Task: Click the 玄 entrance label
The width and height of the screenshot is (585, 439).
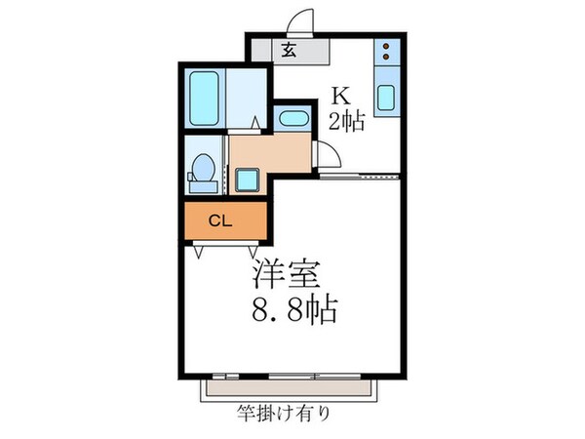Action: tap(290, 52)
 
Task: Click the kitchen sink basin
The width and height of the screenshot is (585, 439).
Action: tap(386, 99)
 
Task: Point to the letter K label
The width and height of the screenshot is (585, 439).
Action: tap(340, 96)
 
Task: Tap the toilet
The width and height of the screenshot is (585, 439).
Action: tap(203, 172)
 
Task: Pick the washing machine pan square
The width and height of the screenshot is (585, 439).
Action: tap(245, 180)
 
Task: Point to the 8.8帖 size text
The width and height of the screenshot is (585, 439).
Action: tap(292, 311)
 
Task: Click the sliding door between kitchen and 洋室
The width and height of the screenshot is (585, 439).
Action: tap(361, 178)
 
